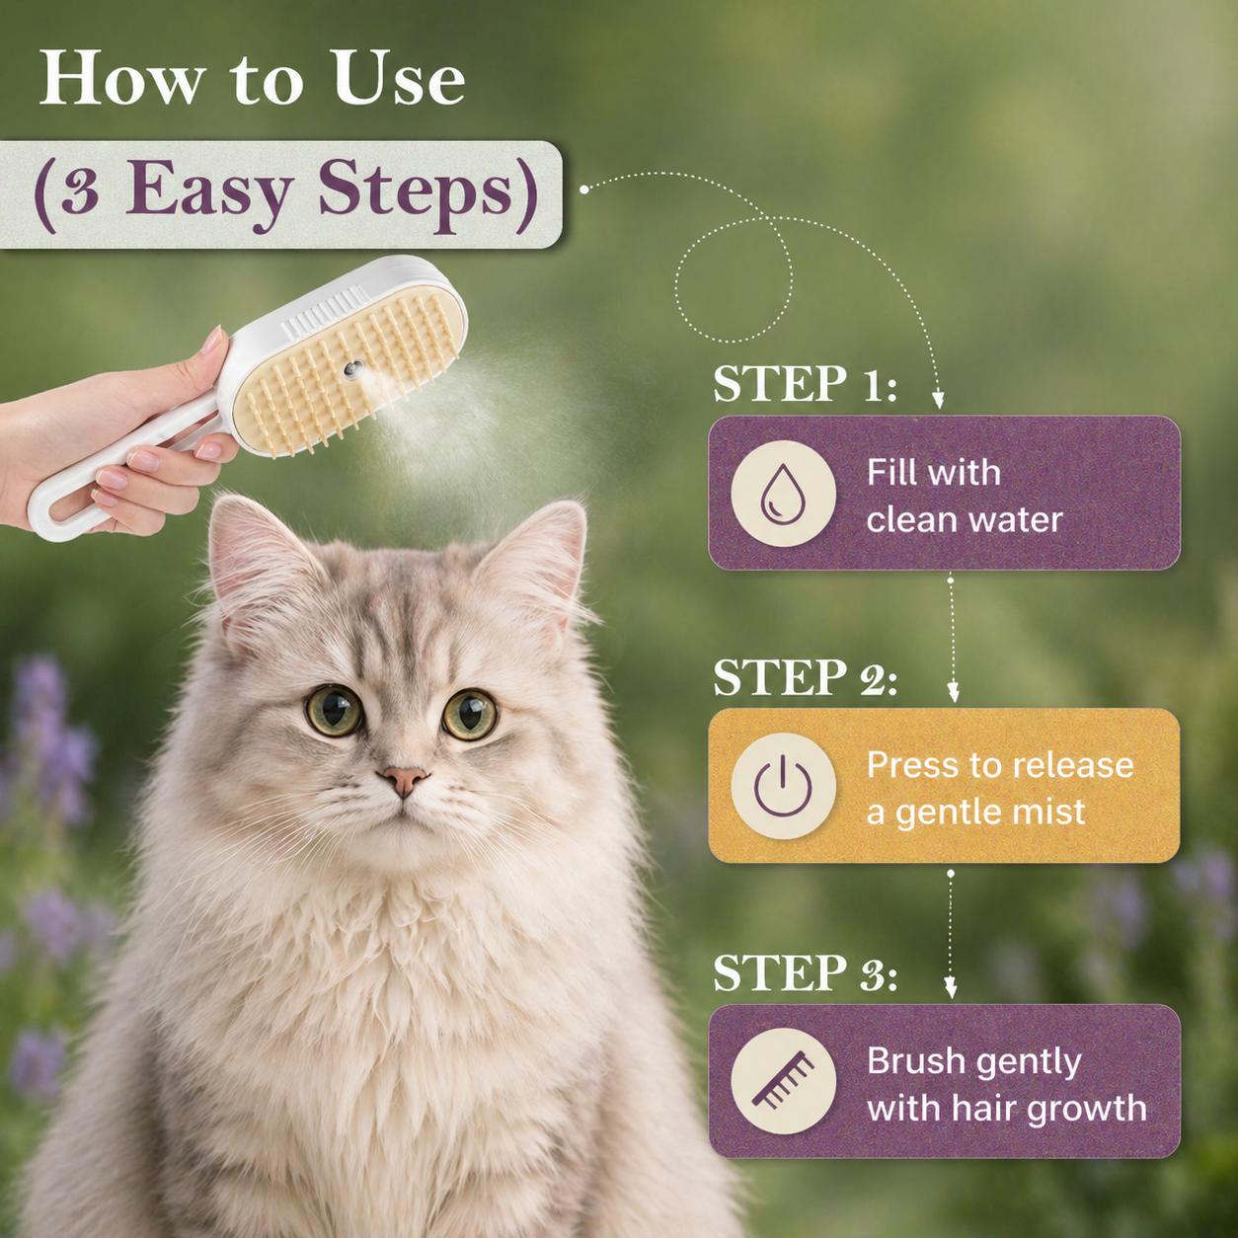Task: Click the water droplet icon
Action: point(783,494)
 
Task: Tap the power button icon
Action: point(783,786)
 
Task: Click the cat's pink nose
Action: point(404,780)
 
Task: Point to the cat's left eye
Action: point(334,710)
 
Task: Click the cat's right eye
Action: point(470,715)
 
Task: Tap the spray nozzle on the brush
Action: point(352,369)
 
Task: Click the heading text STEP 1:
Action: point(805,383)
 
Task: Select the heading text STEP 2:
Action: point(805,677)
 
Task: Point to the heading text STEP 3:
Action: point(805,972)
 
